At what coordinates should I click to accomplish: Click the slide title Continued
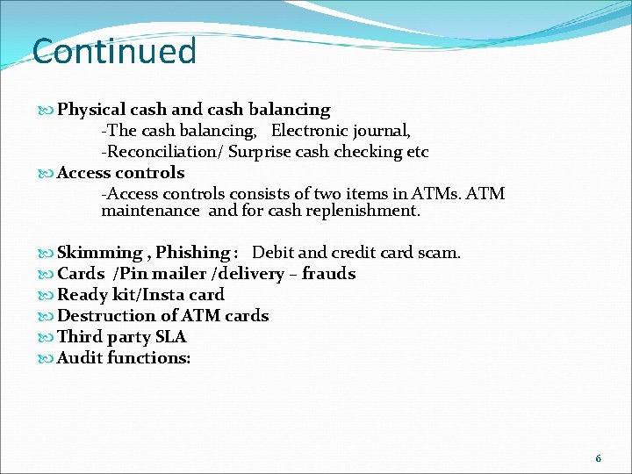coord(114,51)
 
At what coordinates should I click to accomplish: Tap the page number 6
coord(598,458)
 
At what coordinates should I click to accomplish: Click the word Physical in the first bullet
coord(91,110)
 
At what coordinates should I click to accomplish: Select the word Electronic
coord(308,132)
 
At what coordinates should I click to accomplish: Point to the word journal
coord(380,132)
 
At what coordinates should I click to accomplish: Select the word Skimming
coord(101,253)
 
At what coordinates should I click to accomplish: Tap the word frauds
coord(328,274)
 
